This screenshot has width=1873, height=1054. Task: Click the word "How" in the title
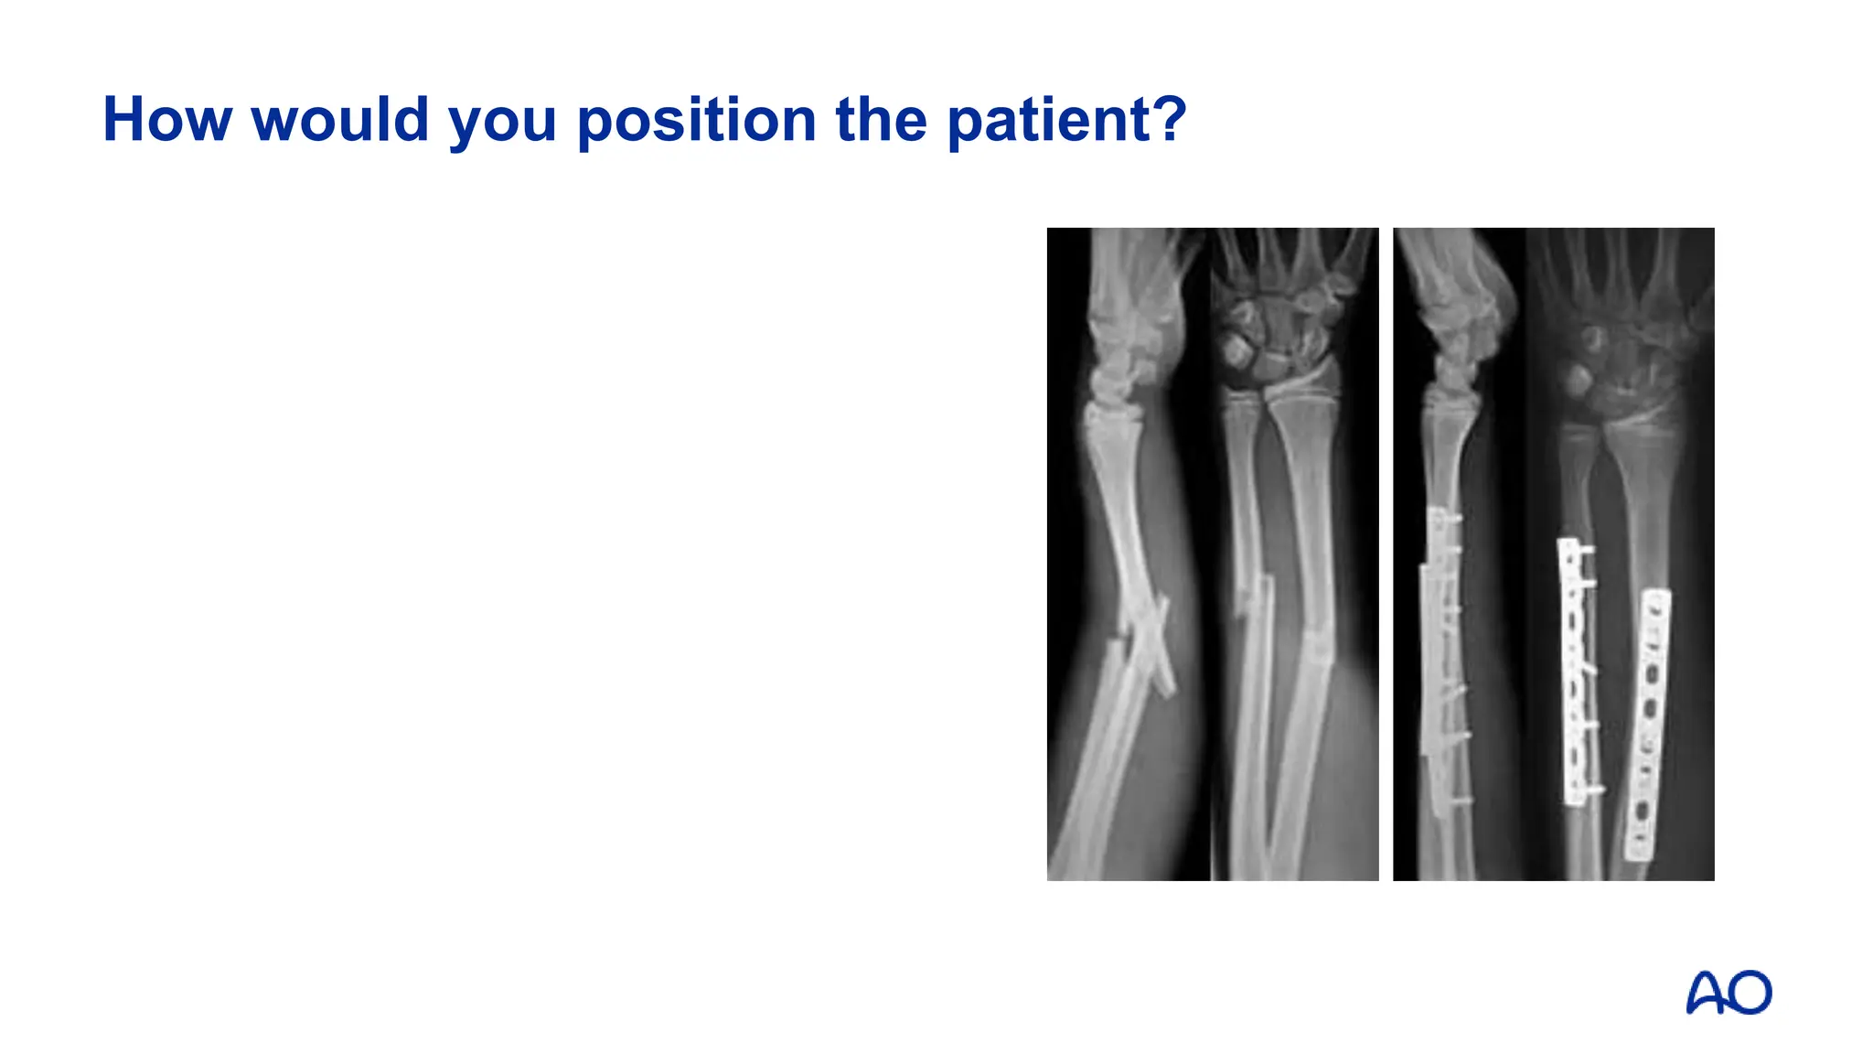click(167, 120)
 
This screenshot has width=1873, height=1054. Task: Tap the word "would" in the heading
click(339, 120)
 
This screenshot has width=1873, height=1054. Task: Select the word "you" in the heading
click(502, 123)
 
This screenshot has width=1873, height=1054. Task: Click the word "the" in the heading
click(881, 120)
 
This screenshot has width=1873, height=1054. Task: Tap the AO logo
click(1728, 993)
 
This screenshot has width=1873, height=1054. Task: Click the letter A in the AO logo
click(1706, 994)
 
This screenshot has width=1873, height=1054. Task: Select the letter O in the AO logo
click(1750, 994)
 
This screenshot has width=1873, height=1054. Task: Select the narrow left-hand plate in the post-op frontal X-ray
click(1574, 672)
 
